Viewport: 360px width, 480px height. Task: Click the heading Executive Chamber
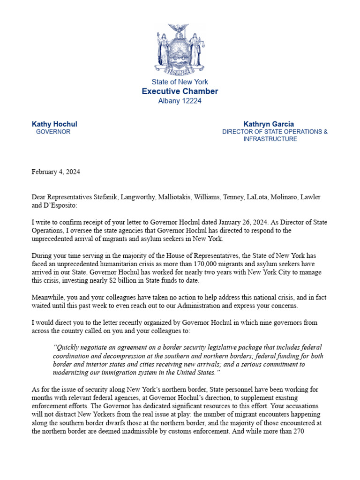click(180, 91)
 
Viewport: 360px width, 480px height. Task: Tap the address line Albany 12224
click(180, 101)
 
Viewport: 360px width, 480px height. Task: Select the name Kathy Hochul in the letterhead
click(54, 124)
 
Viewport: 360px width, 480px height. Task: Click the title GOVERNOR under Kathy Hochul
click(53, 132)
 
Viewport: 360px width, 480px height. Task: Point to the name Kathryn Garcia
click(269, 124)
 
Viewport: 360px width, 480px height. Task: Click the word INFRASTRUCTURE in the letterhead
click(270, 139)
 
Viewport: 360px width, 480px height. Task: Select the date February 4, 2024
click(56, 172)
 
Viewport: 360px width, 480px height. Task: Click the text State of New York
click(180, 82)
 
